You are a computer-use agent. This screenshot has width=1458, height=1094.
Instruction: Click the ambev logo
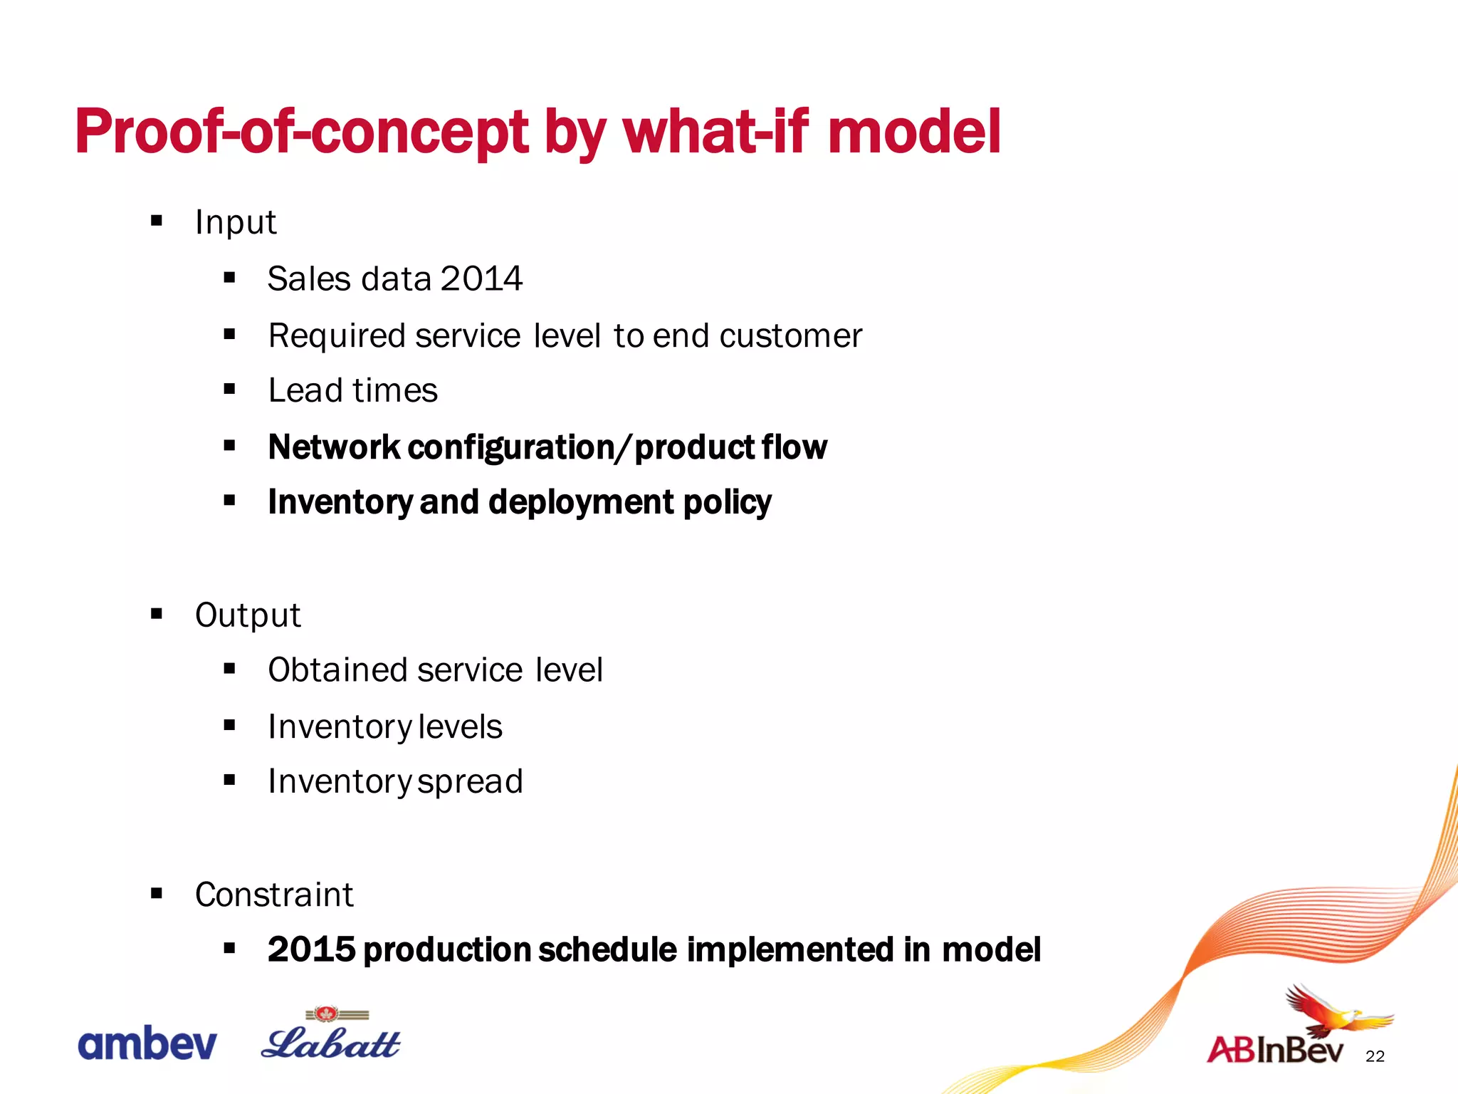point(147,1044)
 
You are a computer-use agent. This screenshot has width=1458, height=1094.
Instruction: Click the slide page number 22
point(1375,1057)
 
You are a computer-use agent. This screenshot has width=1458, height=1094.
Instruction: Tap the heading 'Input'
point(235,222)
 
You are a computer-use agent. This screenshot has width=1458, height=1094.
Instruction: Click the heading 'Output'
point(248,615)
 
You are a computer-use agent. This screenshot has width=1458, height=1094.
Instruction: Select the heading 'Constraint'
point(274,895)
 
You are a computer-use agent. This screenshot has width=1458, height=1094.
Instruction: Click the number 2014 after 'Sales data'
point(481,278)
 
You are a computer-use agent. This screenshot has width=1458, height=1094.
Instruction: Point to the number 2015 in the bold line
point(311,949)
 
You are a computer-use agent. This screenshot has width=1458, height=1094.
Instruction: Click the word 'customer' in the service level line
point(790,335)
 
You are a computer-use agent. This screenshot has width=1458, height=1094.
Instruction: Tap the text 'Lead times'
point(352,390)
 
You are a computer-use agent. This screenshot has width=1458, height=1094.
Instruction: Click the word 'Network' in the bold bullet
point(334,447)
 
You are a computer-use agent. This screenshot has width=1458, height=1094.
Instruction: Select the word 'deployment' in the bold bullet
point(581,502)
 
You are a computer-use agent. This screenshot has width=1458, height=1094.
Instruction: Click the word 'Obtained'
point(337,670)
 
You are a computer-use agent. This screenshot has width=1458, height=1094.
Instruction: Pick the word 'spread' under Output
point(470,782)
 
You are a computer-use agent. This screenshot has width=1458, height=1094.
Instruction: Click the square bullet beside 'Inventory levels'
point(229,725)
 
